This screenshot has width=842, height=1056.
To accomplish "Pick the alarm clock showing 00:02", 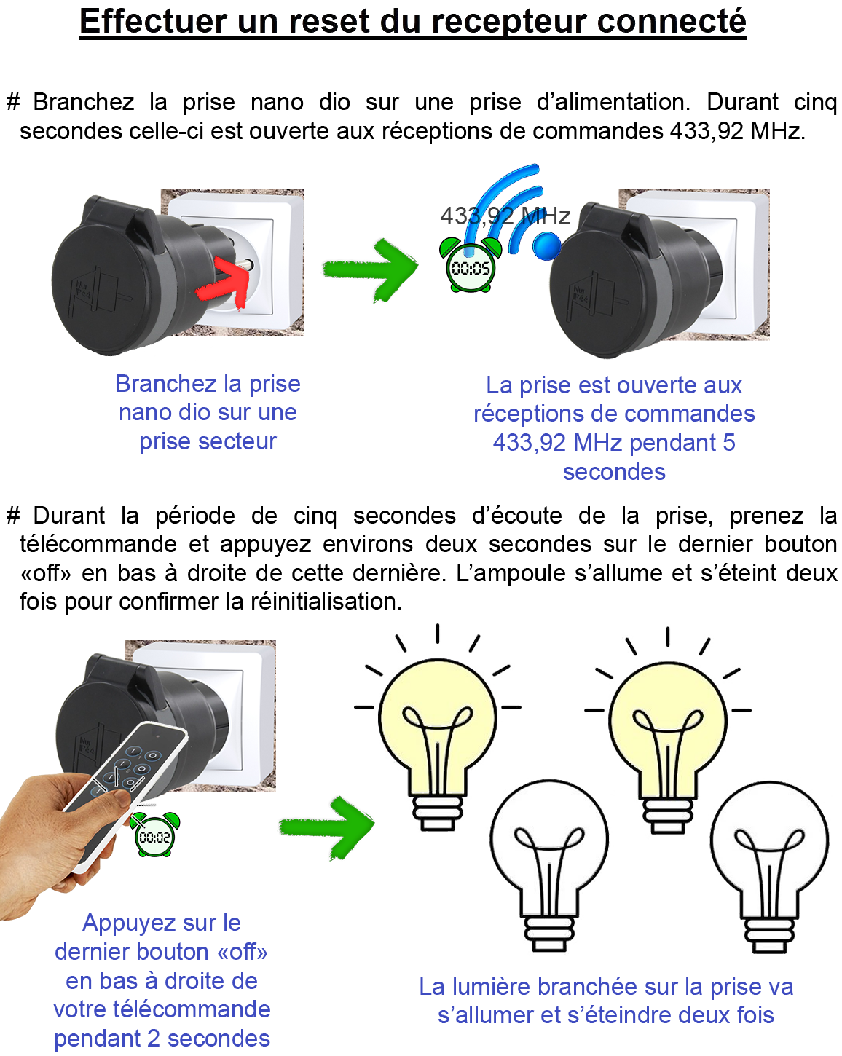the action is pyautogui.click(x=154, y=834).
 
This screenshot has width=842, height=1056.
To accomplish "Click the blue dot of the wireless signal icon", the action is pyautogui.click(x=546, y=245).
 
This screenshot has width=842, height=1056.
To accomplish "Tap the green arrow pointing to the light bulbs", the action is pyautogui.click(x=327, y=828).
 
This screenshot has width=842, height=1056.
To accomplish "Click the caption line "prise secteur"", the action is pyautogui.click(x=208, y=441).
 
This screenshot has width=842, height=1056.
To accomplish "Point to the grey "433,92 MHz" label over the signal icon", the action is pyautogui.click(x=505, y=216).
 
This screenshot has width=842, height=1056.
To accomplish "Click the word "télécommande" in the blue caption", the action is pyautogui.click(x=192, y=1010).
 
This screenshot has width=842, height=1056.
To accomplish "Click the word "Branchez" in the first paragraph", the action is pyautogui.click(x=84, y=102).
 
